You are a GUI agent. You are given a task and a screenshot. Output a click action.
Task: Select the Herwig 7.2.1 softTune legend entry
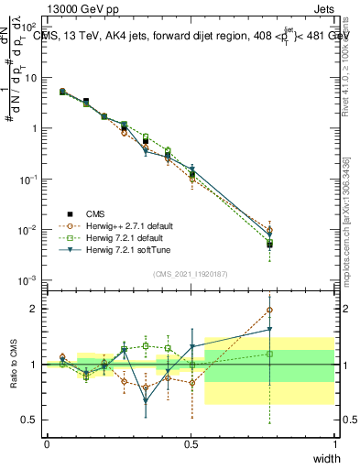125,249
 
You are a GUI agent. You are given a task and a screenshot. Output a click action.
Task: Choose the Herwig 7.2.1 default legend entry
125,237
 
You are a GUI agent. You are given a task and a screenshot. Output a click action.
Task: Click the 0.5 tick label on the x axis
191,443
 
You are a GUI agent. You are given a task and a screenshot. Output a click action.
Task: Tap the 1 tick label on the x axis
334,443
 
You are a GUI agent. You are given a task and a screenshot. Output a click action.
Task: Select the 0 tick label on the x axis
47,443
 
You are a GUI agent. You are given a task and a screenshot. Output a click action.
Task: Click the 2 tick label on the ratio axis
34,309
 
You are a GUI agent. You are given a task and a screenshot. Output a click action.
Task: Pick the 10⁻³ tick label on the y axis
30,279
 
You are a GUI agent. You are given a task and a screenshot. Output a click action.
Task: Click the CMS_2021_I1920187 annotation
190,273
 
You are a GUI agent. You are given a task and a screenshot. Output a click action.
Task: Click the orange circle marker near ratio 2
269,310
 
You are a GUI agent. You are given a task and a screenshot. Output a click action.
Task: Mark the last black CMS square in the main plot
269,245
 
